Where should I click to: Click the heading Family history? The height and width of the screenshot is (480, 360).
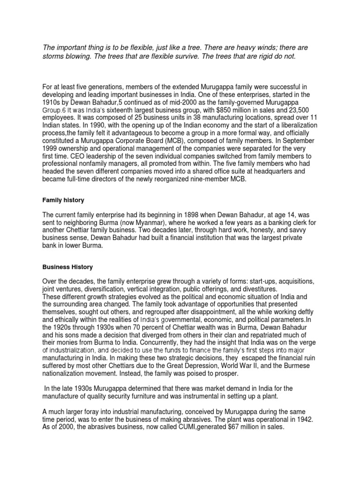(63, 200)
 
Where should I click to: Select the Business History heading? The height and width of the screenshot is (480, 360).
(67, 267)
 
